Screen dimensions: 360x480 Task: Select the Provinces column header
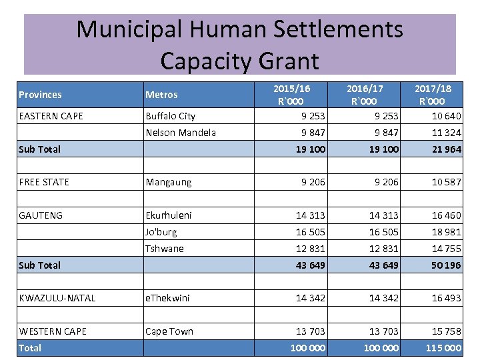(40, 95)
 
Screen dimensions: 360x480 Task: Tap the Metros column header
(161, 95)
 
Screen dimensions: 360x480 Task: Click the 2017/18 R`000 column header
(433, 95)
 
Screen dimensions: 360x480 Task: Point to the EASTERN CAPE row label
(51, 116)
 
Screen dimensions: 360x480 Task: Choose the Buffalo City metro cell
(171, 116)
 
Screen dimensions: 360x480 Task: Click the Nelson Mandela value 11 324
(446, 133)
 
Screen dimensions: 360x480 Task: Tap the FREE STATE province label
(44, 182)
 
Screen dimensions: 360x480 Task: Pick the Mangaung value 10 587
(446, 182)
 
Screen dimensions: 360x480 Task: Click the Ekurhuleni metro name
(169, 215)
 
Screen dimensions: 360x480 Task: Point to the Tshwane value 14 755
(446, 249)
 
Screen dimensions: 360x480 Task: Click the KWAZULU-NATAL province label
(57, 298)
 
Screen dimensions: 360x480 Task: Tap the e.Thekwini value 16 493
(446, 298)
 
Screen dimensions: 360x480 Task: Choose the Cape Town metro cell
(169, 331)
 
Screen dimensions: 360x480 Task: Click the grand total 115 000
(443, 348)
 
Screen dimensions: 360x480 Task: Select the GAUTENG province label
(41, 215)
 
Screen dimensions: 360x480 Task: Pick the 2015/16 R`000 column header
(292, 95)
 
